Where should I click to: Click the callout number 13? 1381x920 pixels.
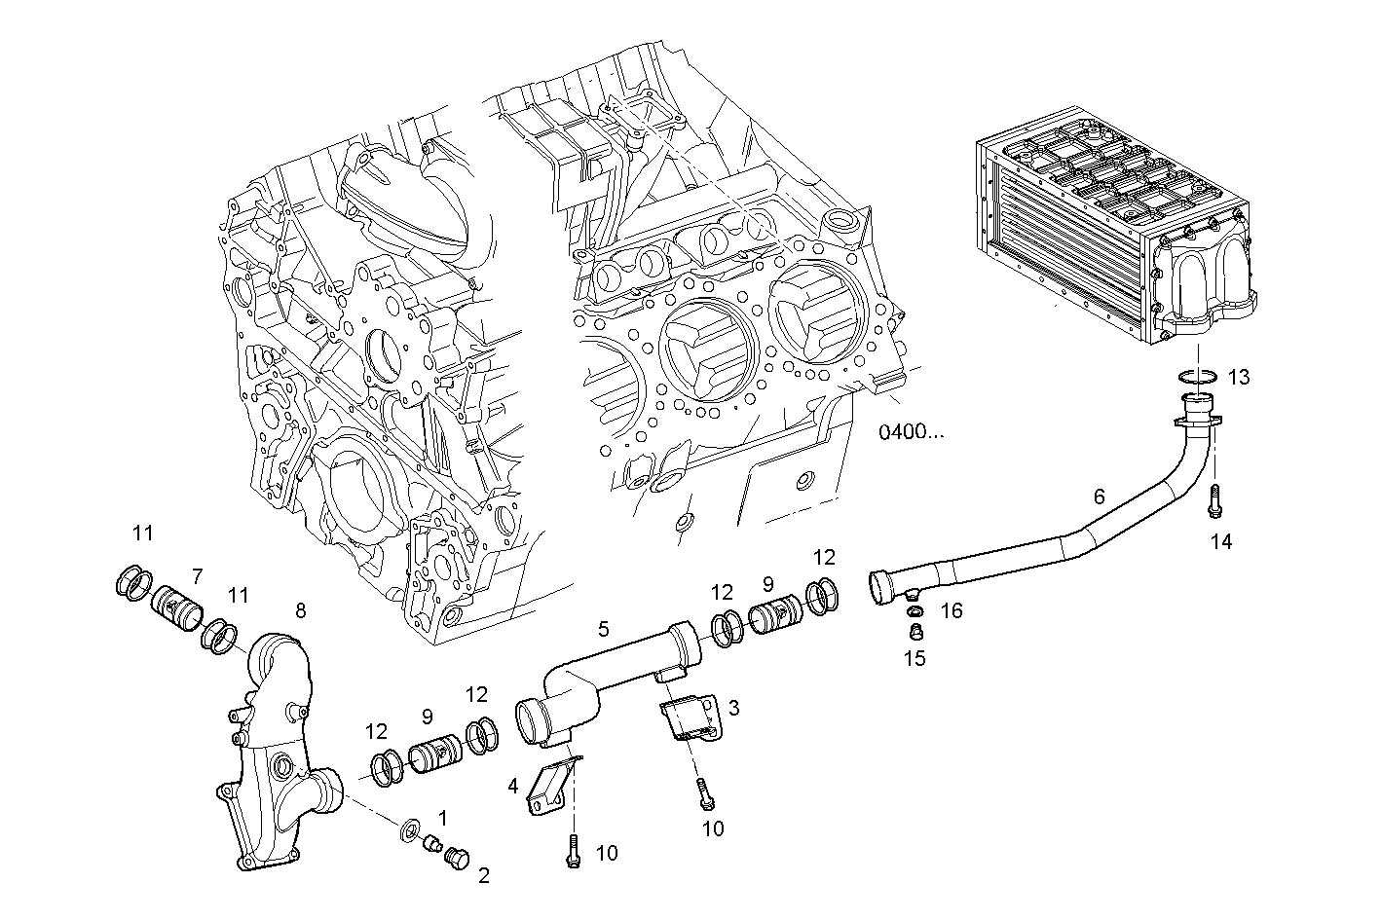[1238, 377]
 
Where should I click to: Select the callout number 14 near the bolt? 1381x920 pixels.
[1220, 541]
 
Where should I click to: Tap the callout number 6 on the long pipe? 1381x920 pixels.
[1099, 497]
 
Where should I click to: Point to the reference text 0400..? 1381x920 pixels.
[911, 431]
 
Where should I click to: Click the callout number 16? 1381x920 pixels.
[952, 610]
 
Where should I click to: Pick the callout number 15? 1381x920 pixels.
[914, 657]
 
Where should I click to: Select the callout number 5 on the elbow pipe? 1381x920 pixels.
[604, 629]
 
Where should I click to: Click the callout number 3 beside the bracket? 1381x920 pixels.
[733, 708]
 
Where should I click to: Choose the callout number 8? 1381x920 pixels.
[300, 610]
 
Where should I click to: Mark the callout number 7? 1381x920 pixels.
[196, 575]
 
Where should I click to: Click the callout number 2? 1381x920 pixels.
[484, 875]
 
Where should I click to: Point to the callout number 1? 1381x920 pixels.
[442, 816]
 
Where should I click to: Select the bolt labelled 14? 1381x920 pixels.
[1213, 502]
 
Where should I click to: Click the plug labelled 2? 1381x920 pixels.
[455, 858]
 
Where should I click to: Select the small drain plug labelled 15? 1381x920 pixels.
[914, 633]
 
